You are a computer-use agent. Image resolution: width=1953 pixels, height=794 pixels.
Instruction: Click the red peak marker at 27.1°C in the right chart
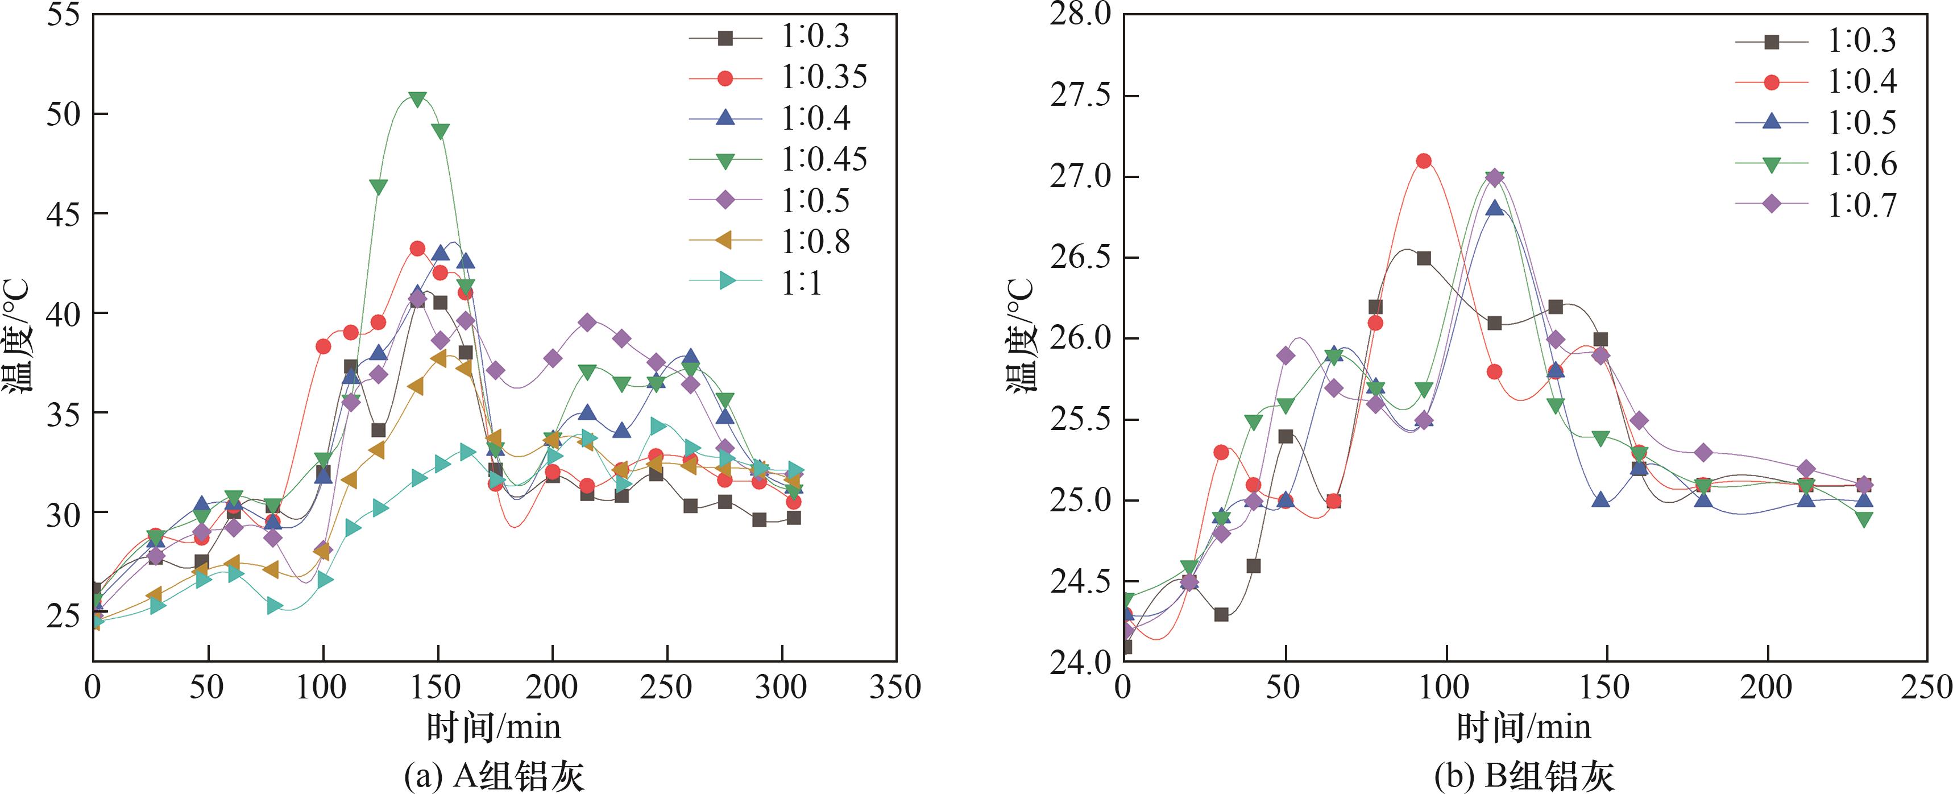1423,161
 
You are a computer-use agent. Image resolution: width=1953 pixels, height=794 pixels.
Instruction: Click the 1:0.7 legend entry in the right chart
1861,205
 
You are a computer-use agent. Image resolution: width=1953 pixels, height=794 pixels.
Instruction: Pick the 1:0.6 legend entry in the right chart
1861,164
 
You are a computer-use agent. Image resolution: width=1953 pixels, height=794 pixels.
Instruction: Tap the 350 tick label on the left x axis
896,687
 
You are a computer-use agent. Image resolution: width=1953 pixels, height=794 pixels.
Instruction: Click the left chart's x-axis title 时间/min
494,726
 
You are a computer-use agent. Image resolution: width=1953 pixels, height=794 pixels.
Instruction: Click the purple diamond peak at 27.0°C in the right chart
1494,177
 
